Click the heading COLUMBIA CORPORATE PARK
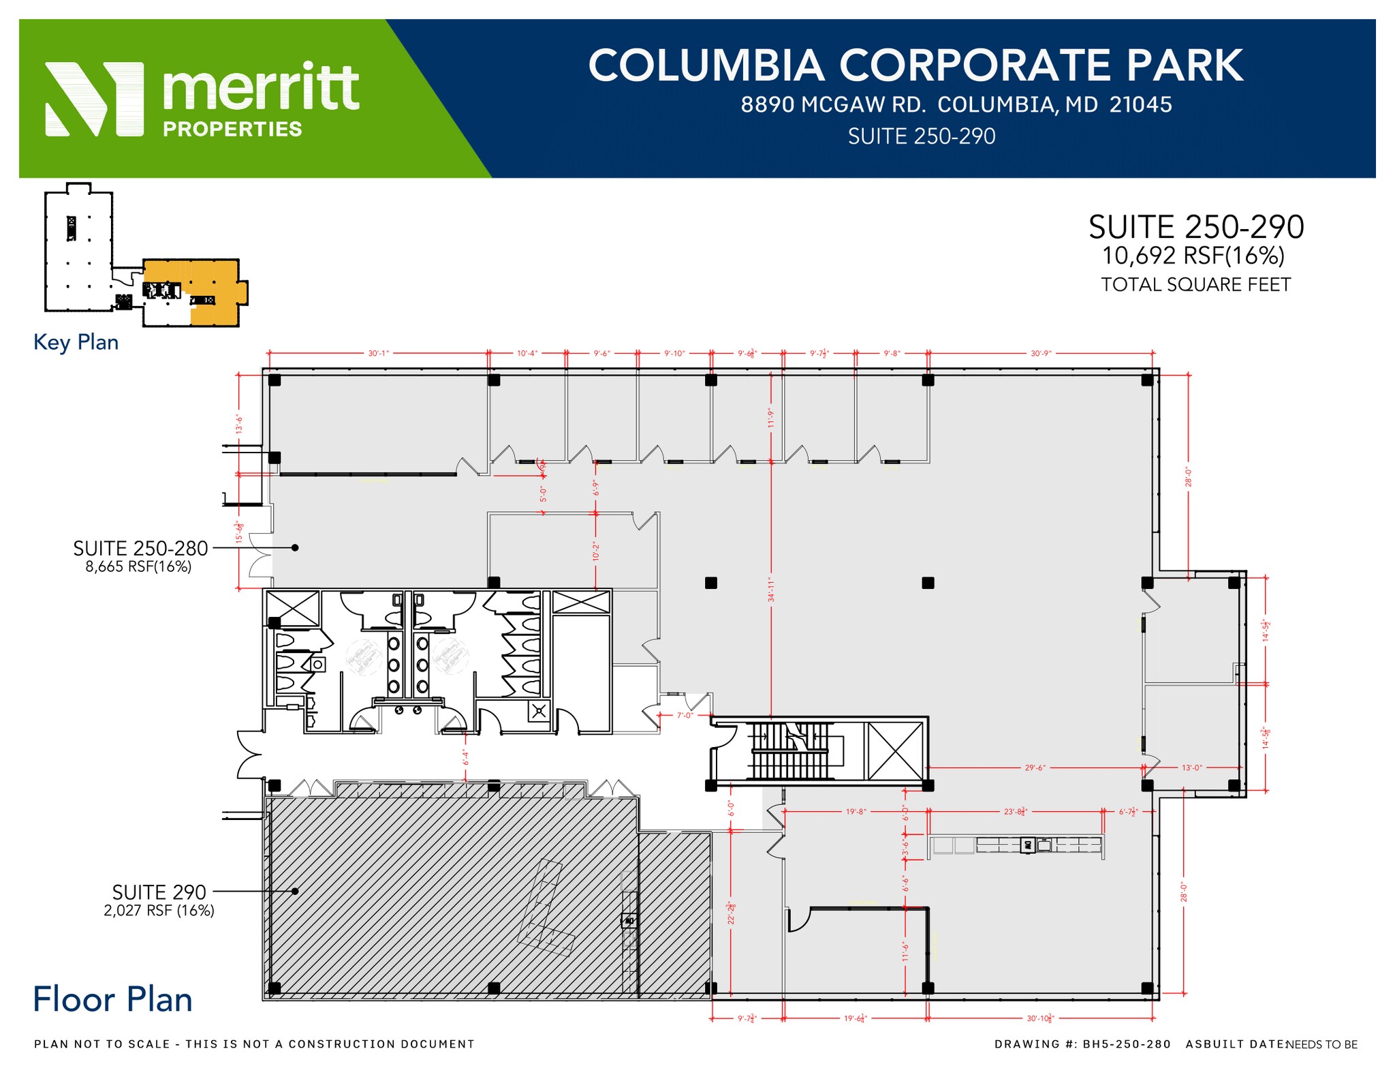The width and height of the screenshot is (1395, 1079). pos(915,66)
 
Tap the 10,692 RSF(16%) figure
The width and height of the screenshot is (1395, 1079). pos(1193,256)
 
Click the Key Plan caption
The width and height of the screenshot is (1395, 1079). pos(76,342)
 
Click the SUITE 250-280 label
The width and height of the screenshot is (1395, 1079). pos(140,548)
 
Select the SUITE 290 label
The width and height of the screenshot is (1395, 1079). pos(159,892)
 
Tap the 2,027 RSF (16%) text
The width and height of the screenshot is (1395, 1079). pos(159,911)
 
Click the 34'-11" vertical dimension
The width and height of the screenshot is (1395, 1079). pos(771,590)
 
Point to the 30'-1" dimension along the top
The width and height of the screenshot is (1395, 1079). pos(378,353)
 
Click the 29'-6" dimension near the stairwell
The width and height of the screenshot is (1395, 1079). pos(1035,768)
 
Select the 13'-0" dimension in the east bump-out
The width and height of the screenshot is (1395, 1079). pos(1191,768)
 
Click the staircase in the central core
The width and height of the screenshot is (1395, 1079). pos(790,751)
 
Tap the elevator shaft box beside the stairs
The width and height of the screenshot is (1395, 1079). pos(895,751)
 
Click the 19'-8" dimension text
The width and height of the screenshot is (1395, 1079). pos(856,812)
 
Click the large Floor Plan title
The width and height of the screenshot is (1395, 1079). pos(112,1000)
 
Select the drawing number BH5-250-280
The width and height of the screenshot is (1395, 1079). pos(1127,1044)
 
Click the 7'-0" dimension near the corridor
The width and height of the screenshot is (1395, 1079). pos(684,716)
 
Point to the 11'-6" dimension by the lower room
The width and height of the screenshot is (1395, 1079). pos(905,952)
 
